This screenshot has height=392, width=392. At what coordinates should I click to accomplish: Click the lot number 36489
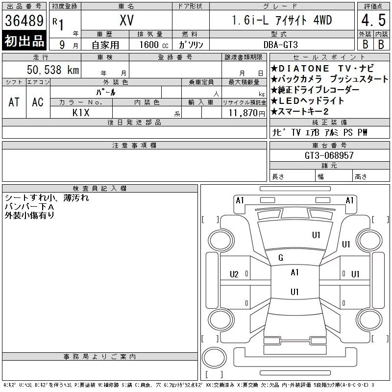coord(24,21)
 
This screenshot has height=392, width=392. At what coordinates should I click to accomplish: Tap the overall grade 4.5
coord(373,20)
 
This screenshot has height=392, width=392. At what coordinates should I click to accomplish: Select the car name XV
coord(126,20)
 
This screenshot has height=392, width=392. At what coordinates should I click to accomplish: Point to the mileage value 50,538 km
coord(53,70)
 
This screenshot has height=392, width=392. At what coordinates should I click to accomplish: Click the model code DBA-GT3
coord(280,45)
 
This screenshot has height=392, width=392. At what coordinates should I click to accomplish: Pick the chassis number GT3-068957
coord(329,155)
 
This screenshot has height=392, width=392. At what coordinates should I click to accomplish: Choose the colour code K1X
coord(81,113)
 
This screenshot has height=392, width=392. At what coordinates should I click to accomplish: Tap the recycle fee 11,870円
coord(247,113)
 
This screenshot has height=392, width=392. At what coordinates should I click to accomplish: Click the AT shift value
coord(14,102)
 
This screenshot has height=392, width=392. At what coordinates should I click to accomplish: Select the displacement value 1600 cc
coord(154,45)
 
